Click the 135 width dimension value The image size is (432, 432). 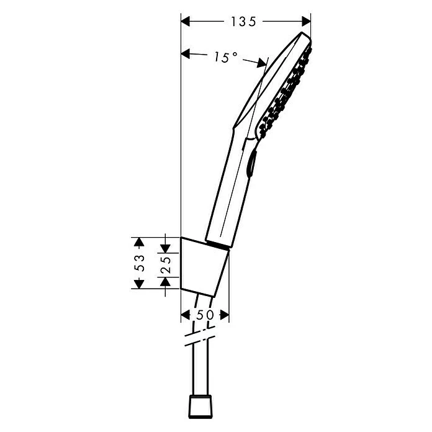coord(244,22)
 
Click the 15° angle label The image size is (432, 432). coord(226,58)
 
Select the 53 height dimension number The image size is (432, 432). coord(140,263)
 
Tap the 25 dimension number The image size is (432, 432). coord(165,263)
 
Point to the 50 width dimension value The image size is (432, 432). coord(205,315)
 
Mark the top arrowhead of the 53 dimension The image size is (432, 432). coord(140,241)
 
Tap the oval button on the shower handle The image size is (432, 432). coord(250,166)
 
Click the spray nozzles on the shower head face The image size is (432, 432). coord(286,93)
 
